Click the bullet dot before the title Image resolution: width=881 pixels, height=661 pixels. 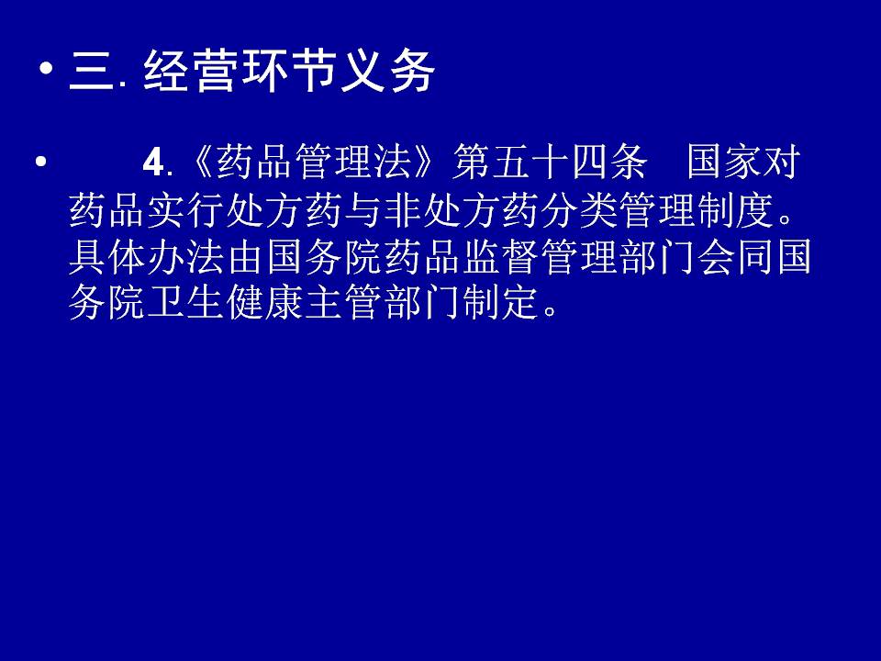click(x=47, y=70)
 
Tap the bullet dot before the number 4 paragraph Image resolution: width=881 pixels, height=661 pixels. click(x=40, y=162)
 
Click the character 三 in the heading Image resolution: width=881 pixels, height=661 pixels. click(x=92, y=71)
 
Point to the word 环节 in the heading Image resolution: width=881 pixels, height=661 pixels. click(x=288, y=71)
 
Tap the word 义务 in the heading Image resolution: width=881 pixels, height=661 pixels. click(x=387, y=71)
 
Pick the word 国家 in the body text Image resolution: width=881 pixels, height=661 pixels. click(x=725, y=162)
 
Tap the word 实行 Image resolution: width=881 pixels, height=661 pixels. click(x=186, y=210)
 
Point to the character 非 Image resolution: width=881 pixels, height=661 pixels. click(x=402, y=210)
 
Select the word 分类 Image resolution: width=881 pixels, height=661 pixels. click(x=580, y=210)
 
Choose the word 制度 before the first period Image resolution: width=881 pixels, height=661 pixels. click(x=737, y=210)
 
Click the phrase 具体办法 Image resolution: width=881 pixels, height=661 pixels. click(x=147, y=257)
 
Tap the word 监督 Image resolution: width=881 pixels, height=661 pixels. click(x=501, y=257)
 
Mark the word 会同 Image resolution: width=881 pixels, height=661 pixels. click(x=737, y=257)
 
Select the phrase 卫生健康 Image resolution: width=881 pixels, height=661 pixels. click(x=226, y=303)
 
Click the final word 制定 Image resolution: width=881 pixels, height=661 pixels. click(x=501, y=303)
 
